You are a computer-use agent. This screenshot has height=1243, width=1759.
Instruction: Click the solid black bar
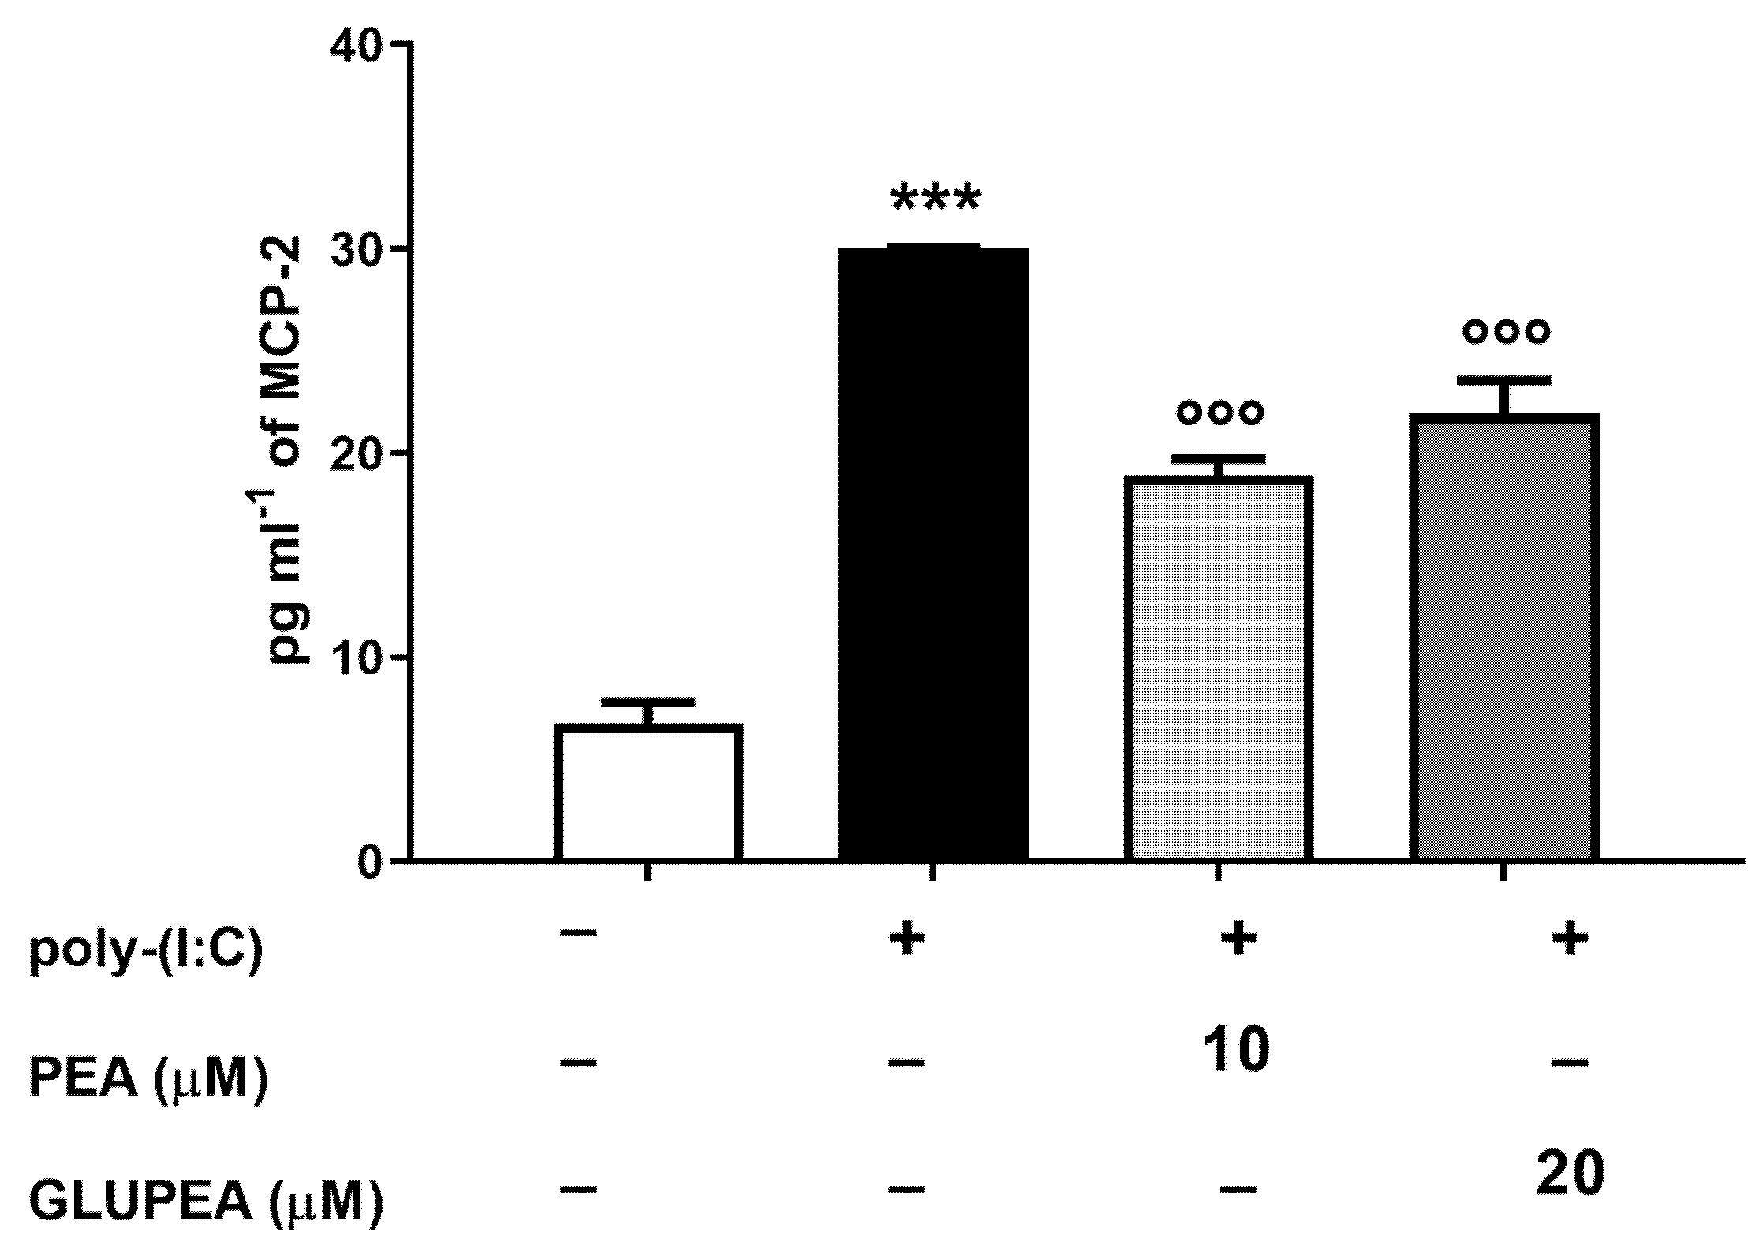coord(932,553)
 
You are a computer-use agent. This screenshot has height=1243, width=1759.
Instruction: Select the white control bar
coord(648,792)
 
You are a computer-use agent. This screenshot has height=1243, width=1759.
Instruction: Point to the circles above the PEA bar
coord(1220,411)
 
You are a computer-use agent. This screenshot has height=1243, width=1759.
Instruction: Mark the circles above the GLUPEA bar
coord(1505,330)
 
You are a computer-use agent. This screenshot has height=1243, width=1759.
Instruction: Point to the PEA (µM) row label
coord(149,1078)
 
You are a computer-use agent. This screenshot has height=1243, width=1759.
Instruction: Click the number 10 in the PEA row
coord(1237,1051)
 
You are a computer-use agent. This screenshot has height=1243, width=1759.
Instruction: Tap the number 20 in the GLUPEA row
coord(1570,1173)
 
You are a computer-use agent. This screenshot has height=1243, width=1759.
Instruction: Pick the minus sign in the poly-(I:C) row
coord(579,933)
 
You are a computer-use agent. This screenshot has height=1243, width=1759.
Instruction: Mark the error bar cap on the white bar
coord(648,701)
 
